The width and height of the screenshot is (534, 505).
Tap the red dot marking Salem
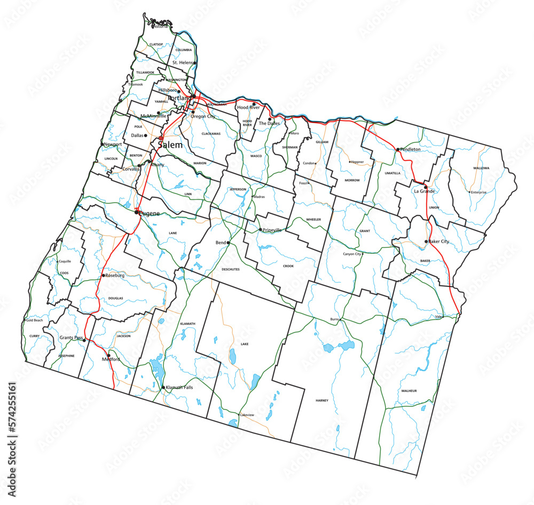tap(161, 138)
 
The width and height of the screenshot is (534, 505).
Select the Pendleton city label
tap(410, 150)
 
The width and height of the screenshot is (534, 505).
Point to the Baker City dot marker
tap(426, 242)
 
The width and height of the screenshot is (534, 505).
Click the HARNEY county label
tap(322, 400)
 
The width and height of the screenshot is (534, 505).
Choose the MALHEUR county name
tap(409, 391)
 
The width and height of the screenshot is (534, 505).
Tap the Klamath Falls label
tap(179, 387)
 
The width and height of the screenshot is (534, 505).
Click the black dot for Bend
tap(229, 243)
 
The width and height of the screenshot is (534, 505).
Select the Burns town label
tap(335, 319)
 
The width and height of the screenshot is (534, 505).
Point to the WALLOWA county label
tap(481, 168)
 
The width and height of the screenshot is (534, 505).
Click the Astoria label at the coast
tap(160, 26)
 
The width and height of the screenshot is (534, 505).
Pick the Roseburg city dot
tap(103, 276)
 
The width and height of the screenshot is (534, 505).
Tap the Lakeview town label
tap(247, 414)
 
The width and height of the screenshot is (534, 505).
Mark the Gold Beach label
tap(34, 320)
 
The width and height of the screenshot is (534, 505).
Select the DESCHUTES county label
tap(231, 269)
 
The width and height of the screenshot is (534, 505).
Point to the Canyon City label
tap(352, 254)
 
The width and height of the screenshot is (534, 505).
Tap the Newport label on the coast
tap(113, 145)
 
